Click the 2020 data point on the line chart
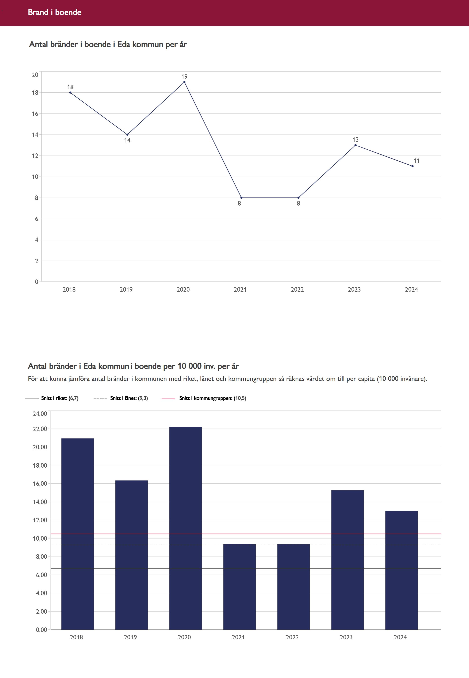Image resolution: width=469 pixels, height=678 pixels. (x=184, y=82)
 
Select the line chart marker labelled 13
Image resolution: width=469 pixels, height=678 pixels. (x=355, y=145)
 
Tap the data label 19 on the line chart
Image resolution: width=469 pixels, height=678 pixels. (x=184, y=77)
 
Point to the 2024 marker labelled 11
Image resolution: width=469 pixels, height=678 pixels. (x=412, y=166)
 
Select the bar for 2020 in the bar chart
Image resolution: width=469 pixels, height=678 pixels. (x=185, y=529)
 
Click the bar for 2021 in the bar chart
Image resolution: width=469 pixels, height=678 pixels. (x=239, y=588)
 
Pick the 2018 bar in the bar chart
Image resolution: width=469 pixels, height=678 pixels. (x=78, y=535)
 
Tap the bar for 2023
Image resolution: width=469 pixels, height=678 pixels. (x=347, y=561)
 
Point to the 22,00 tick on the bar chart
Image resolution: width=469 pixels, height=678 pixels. (x=40, y=429)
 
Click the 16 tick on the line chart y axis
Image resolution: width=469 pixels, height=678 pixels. (x=35, y=114)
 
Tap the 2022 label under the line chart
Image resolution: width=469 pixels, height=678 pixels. (x=297, y=290)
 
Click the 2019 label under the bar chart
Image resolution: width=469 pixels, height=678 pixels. (x=130, y=637)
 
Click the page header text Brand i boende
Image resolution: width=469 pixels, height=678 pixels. (x=55, y=12)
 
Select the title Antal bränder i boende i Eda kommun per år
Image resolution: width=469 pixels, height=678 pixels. (x=108, y=44)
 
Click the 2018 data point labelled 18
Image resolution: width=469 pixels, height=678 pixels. (x=70, y=93)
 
